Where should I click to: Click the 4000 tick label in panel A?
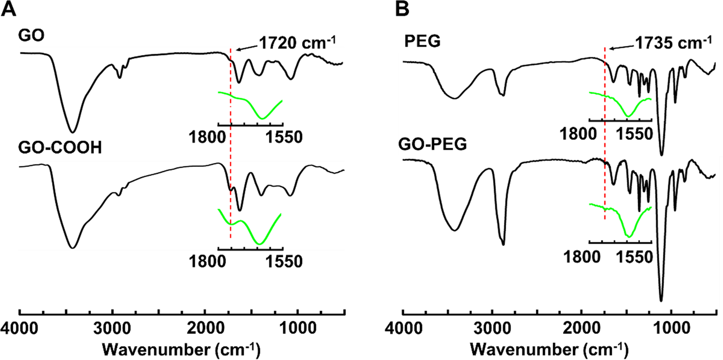pyautogui.click(x=20, y=328)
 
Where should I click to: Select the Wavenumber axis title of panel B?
pyautogui.click(x=559, y=348)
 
